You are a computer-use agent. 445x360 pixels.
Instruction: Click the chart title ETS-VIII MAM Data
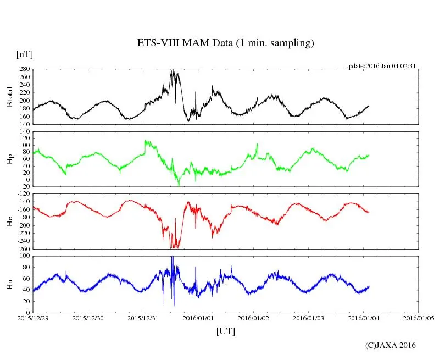[x=225, y=43]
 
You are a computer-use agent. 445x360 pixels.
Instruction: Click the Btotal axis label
[x=9, y=97]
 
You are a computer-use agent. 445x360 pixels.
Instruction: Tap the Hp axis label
[x=9, y=159]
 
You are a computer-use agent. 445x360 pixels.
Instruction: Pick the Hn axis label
[x=9, y=284]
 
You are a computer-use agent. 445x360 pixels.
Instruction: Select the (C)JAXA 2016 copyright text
[x=391, y=345]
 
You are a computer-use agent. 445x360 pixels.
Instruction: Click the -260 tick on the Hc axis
[x=23, y=248]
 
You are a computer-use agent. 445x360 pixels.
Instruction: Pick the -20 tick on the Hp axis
[x=25, y=186]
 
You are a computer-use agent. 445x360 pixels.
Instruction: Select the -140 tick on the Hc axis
[x=23, y=202]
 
